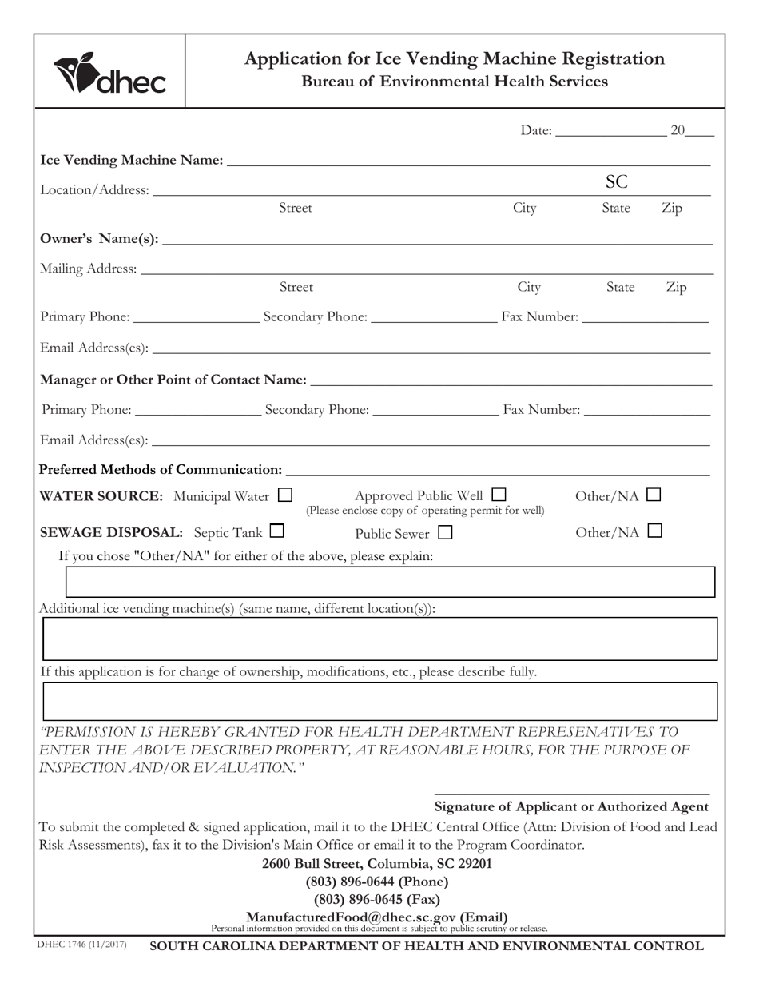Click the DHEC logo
(109, 73)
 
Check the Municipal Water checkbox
(284, 495)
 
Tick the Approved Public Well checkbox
(499, 495)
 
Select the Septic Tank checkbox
(276, 530)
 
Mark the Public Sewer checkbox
(445, 531)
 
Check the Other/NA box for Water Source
(653, 495)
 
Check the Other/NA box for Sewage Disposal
(653, 530)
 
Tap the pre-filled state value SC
(614, 183)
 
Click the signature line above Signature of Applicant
(571, 791)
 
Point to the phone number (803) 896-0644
(376, 882)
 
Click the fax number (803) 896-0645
(376, 899)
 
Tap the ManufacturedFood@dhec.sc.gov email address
(376, 916)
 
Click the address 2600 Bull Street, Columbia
(376, 864)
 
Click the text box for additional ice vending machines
(379, 638)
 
